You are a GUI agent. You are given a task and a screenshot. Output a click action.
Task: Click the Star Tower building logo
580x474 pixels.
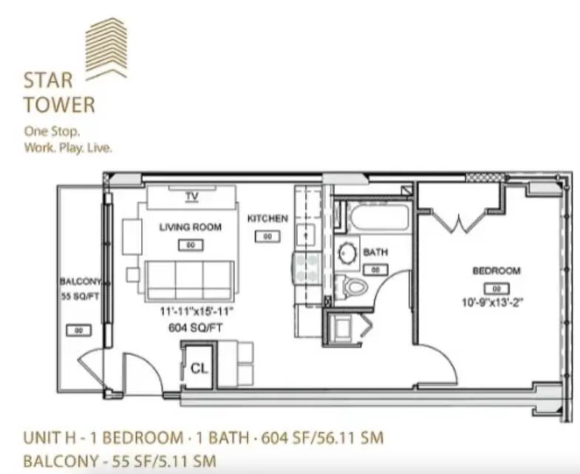(x=106, y=48)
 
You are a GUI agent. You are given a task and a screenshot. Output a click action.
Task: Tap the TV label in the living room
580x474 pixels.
(x=192, y=197)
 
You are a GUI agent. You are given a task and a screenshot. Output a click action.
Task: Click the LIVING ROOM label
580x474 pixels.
(x=191, y=227)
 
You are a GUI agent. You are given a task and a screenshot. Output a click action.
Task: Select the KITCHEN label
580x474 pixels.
(x=267, y=218)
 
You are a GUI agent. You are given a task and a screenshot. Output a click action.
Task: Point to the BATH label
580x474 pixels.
(x=375, y=252)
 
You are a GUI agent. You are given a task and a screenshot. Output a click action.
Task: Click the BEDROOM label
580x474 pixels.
(x=497, y=271)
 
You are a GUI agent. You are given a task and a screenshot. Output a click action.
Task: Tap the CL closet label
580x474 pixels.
(x=199, y=368)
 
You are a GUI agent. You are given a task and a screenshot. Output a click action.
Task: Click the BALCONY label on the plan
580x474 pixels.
(x=80, y=282)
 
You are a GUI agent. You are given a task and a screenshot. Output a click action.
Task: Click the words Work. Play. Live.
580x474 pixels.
(x=68, y=149)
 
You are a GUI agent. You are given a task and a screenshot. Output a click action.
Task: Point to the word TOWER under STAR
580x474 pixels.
(x=59, y=104)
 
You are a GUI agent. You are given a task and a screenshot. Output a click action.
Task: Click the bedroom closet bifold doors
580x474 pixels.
(x=459, y=219)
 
